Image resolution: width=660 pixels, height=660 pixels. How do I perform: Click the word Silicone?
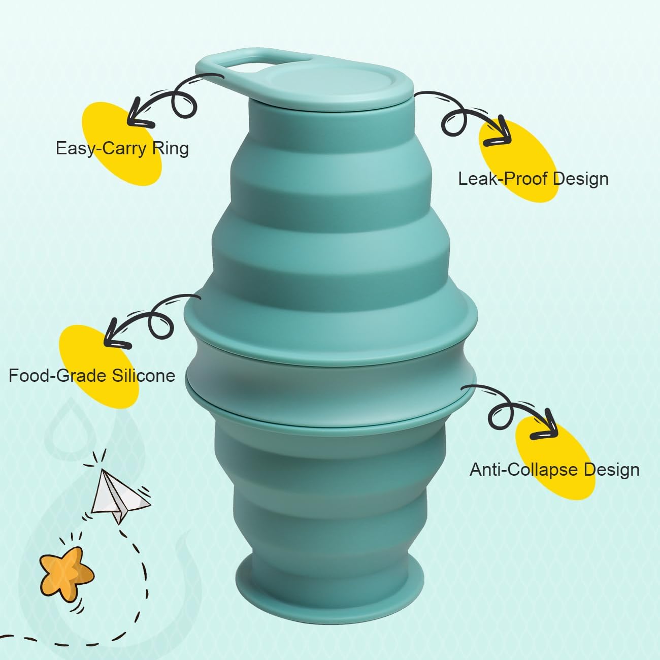click(144, 376)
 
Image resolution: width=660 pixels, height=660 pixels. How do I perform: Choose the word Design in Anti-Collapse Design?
click(611, 470)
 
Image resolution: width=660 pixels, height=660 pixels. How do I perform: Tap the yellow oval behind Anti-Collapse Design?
click(556, 452)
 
